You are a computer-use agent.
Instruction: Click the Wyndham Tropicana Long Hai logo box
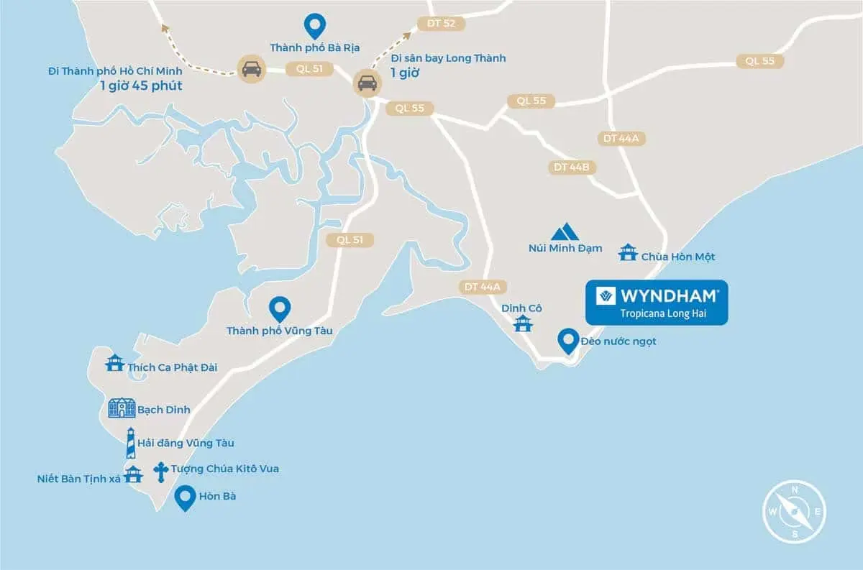[657, 302]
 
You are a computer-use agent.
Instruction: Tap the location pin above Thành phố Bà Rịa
[314, 26]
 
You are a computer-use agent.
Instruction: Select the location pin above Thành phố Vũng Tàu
[279, 309]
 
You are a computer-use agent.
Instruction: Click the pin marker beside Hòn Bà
[186, 497]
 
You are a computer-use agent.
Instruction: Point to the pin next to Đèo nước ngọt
[569, 341]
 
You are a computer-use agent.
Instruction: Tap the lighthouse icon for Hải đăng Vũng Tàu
[130, 443]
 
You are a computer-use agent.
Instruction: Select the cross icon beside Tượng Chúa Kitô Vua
[160, 471]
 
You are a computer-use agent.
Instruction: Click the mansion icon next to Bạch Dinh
[122, 408]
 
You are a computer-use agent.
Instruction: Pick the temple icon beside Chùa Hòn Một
[628, 252]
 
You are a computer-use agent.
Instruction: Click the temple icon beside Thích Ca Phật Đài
[114, 362]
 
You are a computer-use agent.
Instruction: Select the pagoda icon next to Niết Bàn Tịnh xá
[133, 474]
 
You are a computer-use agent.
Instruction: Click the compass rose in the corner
[795, 512]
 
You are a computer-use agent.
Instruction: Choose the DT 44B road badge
[572, 167]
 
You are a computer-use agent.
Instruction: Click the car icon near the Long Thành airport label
[367, 83]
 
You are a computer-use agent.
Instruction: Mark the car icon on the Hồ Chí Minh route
[251, 68]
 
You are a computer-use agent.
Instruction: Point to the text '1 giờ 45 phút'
[142, 86]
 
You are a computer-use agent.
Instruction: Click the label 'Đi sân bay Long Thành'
[448, 58]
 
